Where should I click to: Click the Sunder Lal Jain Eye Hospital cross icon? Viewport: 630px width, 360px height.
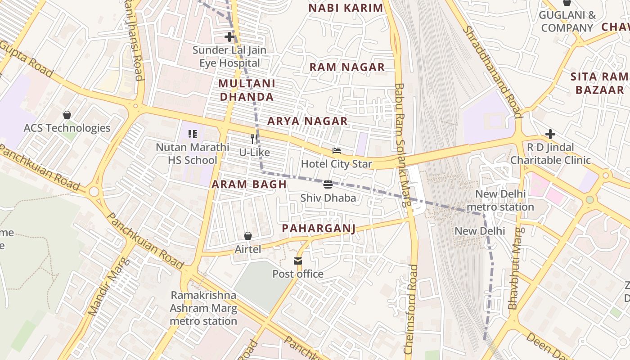(229, 37)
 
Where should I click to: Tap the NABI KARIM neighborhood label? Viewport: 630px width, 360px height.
(346, 8)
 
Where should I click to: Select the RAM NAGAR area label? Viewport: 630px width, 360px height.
(346, 67)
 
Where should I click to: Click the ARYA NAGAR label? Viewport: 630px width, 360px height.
(307, 121)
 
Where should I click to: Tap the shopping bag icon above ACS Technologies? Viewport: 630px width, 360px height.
(67, 115)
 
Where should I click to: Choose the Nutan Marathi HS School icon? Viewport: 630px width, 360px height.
(193, 134)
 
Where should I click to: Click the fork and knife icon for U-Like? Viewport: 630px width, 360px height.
(254, 139)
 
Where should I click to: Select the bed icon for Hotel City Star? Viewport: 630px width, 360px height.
(336, 151)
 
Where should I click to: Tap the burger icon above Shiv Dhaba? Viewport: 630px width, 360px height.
(328, 184)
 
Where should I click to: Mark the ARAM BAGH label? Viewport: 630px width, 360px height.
(249, 184)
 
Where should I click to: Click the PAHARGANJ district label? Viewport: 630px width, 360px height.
(319, 229)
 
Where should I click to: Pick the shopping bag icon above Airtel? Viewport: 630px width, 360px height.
(247, 236)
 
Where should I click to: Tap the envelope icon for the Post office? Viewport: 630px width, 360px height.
(297, 261)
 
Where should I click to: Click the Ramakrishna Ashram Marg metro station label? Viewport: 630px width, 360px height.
(203, 308)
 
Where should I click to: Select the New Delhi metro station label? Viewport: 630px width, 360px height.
(500, 201)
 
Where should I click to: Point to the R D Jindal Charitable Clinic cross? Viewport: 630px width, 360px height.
(550, 134)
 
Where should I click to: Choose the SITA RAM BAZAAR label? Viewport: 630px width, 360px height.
(600, 83)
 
